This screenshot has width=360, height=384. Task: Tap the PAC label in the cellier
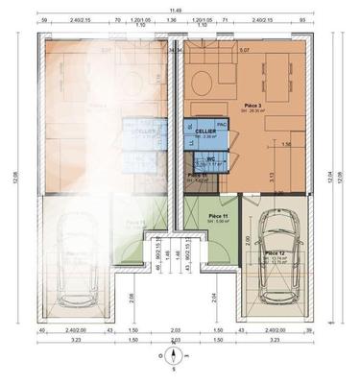pos(221,125)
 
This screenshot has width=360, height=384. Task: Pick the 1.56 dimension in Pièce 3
pos(285,144)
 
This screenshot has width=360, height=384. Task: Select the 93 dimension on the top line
pos(301,18)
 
